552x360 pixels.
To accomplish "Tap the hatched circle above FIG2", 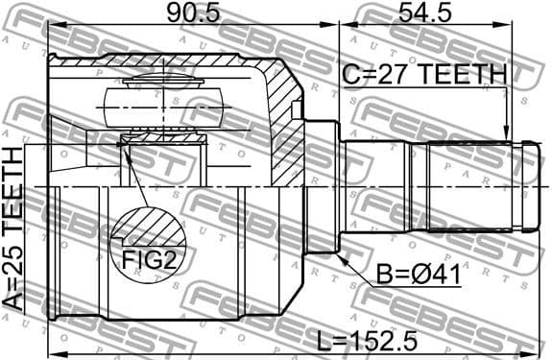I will click(147, 230).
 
